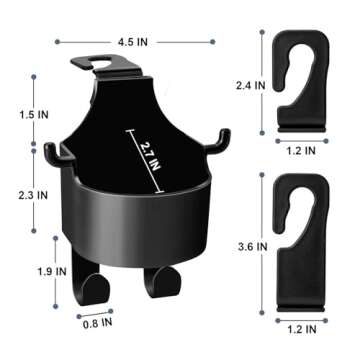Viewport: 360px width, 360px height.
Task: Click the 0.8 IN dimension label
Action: (93, 324)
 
